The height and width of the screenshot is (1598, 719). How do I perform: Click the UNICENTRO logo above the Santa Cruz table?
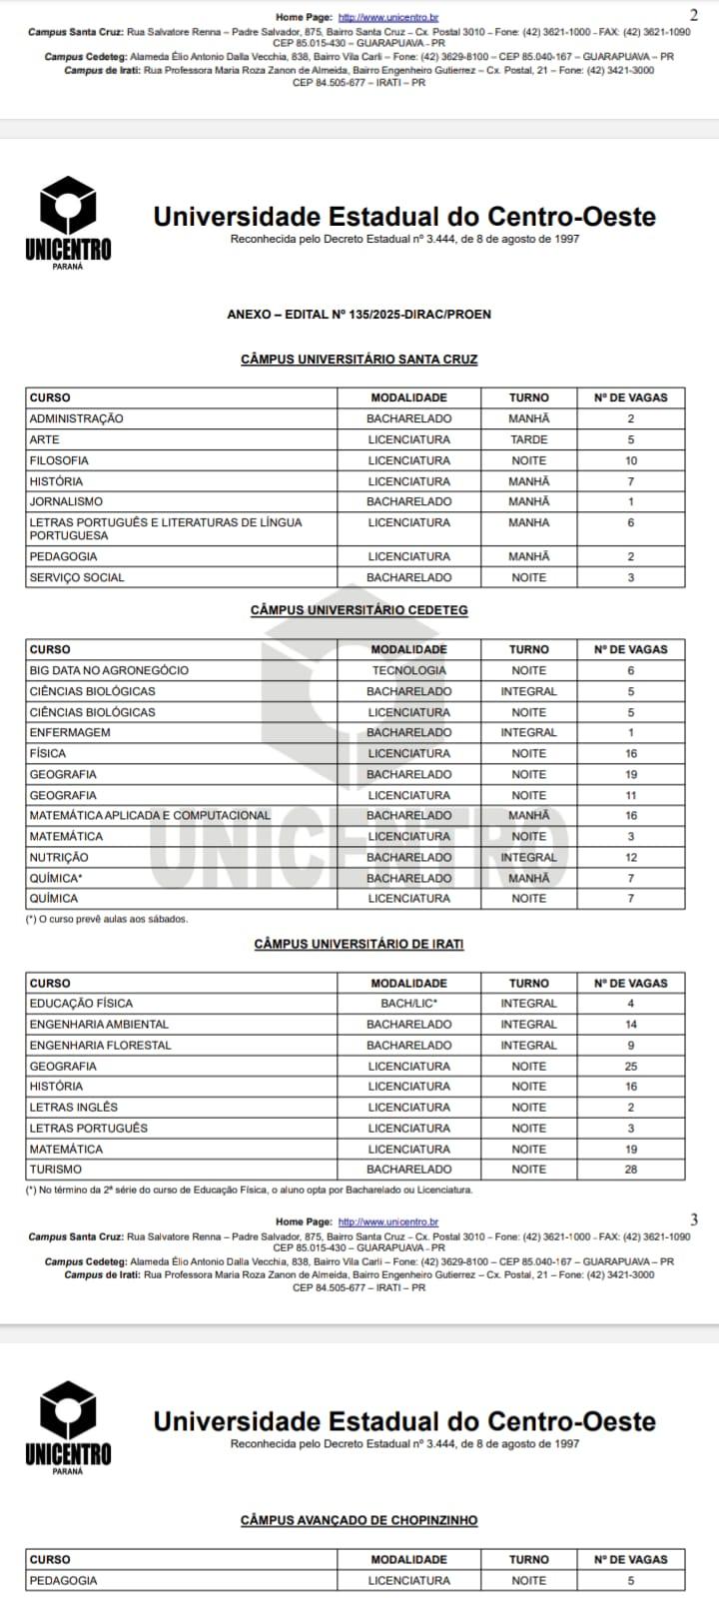(x=68, y=223)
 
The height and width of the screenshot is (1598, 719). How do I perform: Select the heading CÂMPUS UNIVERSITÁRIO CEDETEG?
(x=359, y=610)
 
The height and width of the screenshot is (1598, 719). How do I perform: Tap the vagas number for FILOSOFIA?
(x=631, y=460)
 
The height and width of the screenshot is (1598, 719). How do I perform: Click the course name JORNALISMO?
(x=66, y=501)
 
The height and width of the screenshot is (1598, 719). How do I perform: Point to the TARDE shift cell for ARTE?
(x=528, y=439)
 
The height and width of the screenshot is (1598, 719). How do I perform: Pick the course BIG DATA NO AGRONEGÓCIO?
(x=109, y=670)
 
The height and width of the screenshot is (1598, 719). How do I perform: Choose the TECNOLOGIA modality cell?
(x=408, y=670)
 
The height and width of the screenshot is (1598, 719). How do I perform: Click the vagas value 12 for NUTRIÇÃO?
(x=631, y=857)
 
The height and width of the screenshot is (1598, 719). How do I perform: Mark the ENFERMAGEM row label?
(x=70, y=732)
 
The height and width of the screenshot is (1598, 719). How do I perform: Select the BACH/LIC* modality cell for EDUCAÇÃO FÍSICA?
(x=408, y=1003)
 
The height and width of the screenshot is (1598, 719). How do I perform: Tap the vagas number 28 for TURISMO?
(x=631, y=1169)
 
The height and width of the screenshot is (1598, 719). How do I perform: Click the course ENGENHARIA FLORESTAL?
(x=100, y=1045)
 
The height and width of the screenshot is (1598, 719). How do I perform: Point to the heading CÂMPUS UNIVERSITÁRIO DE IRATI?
(x=359, y=944)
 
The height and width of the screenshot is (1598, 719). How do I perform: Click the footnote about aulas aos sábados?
(x=107, y=919)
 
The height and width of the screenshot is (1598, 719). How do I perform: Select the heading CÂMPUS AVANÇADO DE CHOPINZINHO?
(x=359, y=1520)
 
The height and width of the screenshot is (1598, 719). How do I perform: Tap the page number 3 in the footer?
(x=694, y=1219)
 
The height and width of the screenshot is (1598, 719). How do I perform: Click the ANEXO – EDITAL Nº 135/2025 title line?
(x=359, y=315)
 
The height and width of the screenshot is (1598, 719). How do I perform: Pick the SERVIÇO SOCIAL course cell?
(x=77, y=577)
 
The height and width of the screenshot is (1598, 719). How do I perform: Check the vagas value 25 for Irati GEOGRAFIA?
(x=631, y=1066)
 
